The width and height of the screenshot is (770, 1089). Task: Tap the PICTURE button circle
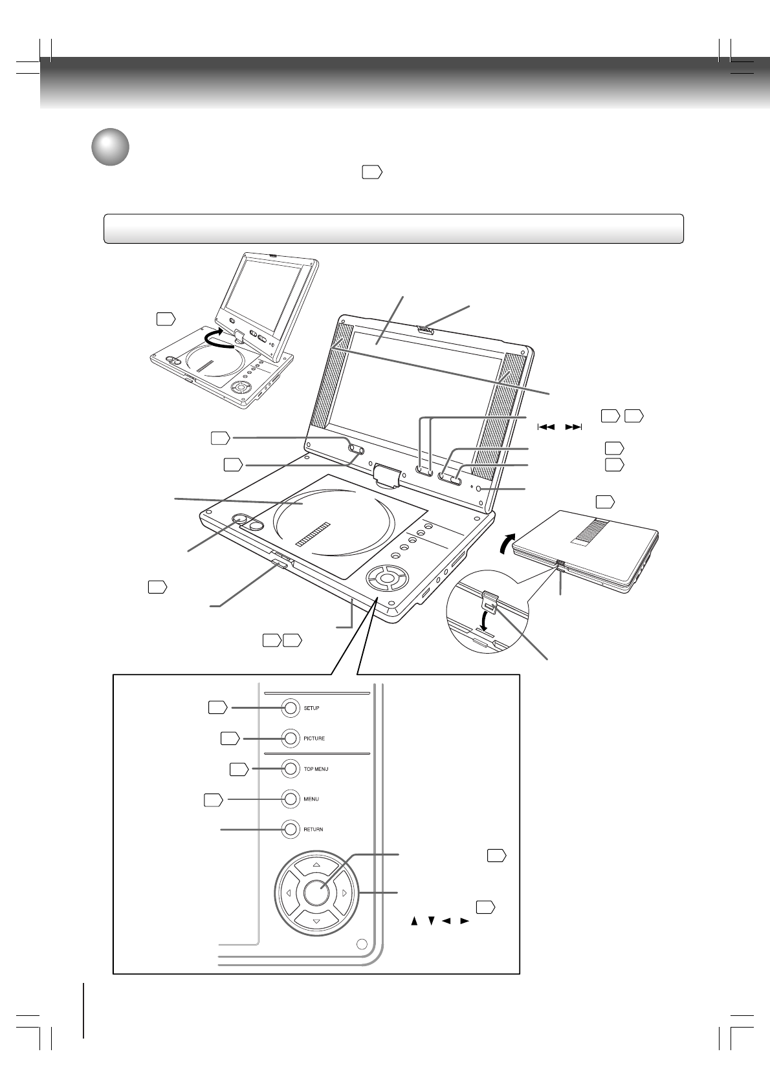[x=291, y=738]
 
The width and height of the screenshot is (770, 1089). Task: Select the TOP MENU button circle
[x=291, y=768]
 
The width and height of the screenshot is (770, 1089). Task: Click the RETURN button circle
[x=291, y=829]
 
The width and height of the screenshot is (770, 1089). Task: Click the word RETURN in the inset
[x=314, y=829]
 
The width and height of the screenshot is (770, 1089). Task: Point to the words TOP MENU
[x=316, y=769]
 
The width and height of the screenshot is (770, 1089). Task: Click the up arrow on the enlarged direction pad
[x=316, y=865]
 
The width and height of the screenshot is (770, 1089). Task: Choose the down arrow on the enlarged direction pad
[x=316, y=922]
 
